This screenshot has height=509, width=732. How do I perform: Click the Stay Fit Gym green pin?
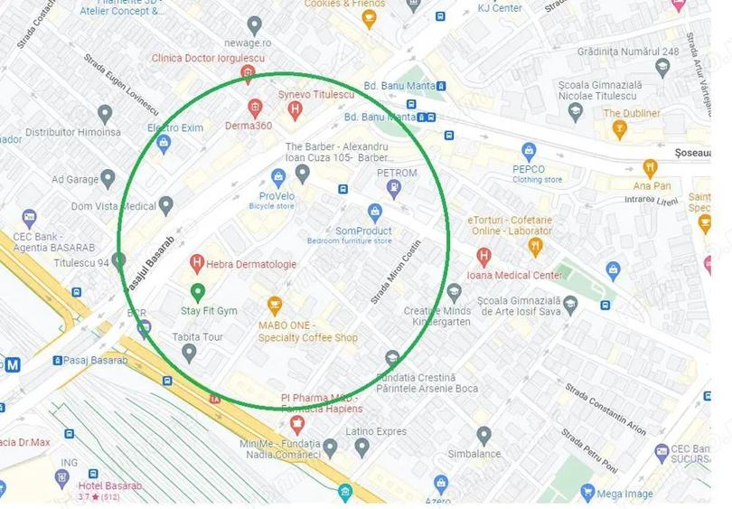tap(198, 292)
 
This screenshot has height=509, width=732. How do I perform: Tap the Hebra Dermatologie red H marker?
tap(197, 263)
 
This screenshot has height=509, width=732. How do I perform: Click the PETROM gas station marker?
tap(393, 188)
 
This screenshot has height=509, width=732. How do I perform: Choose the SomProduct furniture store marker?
tap(375, 212)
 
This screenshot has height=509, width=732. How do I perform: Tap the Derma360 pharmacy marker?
tap(255, 108)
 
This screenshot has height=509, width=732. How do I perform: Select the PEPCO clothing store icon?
tap(529, 151)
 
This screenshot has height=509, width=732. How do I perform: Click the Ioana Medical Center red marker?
tap(484, 257)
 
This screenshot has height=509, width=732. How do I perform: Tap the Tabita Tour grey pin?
tap(189, 353)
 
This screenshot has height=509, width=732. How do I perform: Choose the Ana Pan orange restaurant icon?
tap(650, 167)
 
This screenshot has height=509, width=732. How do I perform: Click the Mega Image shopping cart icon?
tap(587, 493)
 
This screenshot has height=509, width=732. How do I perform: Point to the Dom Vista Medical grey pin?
tap(165, 206)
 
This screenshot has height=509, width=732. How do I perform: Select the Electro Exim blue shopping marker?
tap(164, 143)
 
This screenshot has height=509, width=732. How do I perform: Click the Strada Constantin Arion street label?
tap(605, 409)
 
